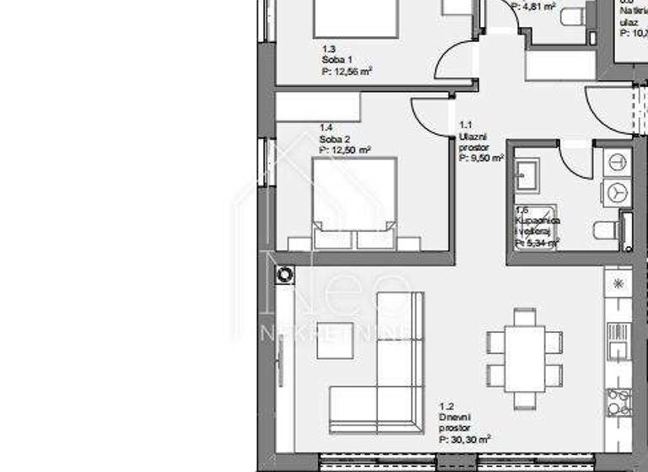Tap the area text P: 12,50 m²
345,149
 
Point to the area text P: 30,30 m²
464,439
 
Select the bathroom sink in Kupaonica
531,175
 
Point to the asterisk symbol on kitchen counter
618,284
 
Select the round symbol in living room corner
284,273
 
